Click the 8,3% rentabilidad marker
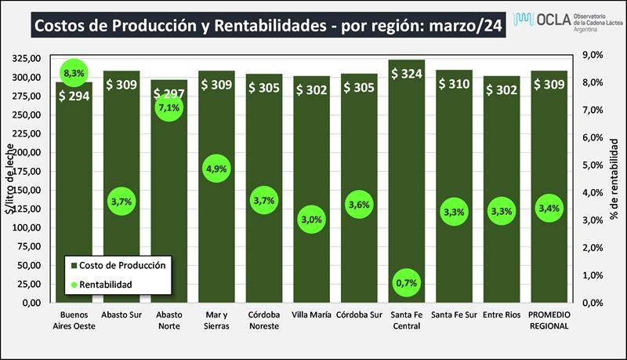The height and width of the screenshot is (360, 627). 74,73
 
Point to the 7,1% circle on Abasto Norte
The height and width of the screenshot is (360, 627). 169,107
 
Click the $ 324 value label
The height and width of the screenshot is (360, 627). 408,75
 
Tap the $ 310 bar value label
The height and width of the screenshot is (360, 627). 455,82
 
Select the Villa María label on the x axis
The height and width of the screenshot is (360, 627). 312,315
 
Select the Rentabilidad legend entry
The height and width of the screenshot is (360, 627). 109,283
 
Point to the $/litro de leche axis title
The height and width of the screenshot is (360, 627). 11,179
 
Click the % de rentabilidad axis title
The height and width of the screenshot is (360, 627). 616,179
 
